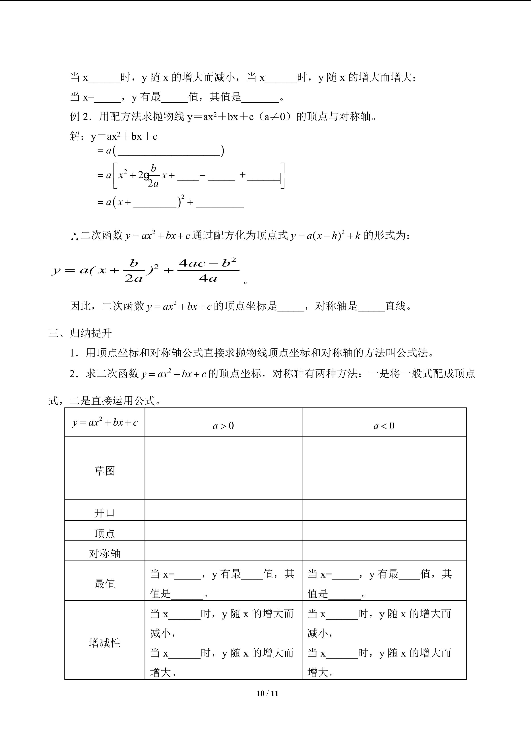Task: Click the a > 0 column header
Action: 223,426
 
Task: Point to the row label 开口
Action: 105,513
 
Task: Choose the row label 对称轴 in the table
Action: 105,553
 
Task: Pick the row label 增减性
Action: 105,643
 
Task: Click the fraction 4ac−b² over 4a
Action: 208,271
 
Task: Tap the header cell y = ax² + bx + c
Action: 105,422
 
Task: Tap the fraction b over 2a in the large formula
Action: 134,271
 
